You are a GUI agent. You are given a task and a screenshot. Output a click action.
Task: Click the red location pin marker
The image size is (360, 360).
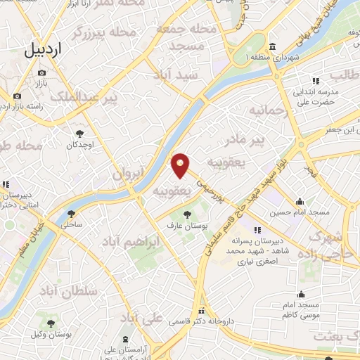(x=181, y=165)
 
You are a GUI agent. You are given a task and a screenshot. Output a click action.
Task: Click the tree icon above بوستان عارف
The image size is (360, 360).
(x=186, y=214)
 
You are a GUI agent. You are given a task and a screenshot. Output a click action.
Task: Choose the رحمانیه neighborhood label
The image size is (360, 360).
(x=264, y=110)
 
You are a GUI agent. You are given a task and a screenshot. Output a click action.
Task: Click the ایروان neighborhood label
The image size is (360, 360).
(x=129, y=174)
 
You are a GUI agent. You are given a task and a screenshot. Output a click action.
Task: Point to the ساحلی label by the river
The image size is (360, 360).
(x=71, y=226)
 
